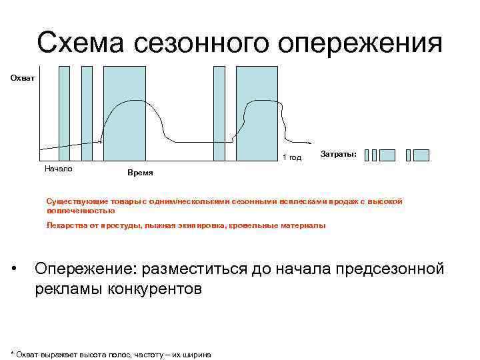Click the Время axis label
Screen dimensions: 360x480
(139, 172)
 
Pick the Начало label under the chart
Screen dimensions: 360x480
(58, 168)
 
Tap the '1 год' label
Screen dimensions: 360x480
(292, 157)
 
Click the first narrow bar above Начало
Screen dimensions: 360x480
(63, 113)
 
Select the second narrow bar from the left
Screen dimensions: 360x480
(87, 113)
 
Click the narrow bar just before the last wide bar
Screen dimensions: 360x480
(219, 113)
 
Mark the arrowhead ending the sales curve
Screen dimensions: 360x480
(309, 142)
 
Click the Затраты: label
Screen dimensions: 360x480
(338, 154)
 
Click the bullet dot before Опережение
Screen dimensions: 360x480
(15, 269)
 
